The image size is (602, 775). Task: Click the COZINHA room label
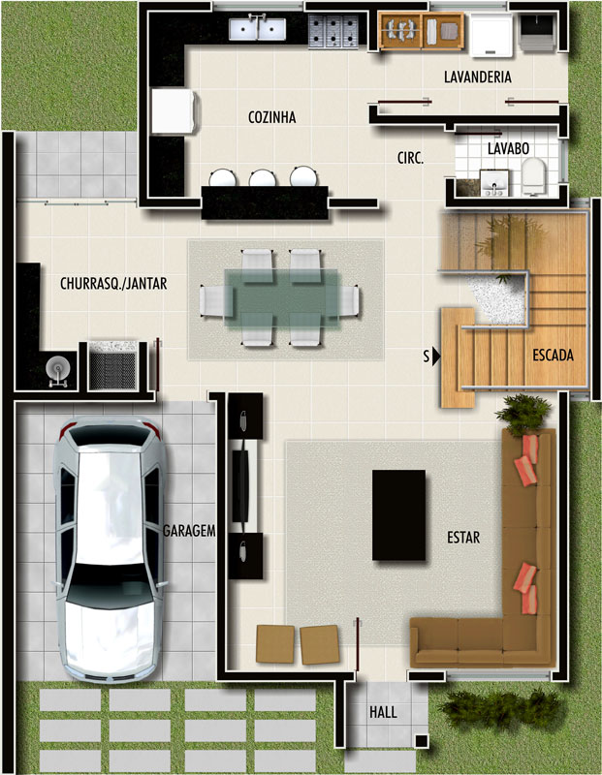pos(272,117)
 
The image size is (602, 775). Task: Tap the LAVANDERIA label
pos(477,77)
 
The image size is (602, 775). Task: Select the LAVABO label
pos(508,148)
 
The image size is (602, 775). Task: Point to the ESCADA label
pos(553,355)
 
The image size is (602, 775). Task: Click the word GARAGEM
pos(189,531)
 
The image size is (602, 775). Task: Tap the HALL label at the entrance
pos(383,712)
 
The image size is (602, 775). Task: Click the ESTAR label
pos(463,538)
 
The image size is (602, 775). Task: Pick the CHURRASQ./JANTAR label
pos(113,284)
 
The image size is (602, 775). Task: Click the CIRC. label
pos(410,158)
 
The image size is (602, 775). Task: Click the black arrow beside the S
pos(436,356)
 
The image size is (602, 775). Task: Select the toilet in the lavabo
pos(533,175)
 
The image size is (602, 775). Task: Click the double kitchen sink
pos(257,29)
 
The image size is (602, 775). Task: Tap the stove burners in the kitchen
pos(333,32)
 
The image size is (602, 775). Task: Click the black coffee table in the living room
pos(398,515)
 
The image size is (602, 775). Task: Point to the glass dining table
pos(281,298)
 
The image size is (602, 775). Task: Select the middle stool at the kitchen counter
pos(263,178)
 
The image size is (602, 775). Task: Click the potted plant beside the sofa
pos(523,415)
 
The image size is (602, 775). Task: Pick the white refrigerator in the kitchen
pos(174,110)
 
